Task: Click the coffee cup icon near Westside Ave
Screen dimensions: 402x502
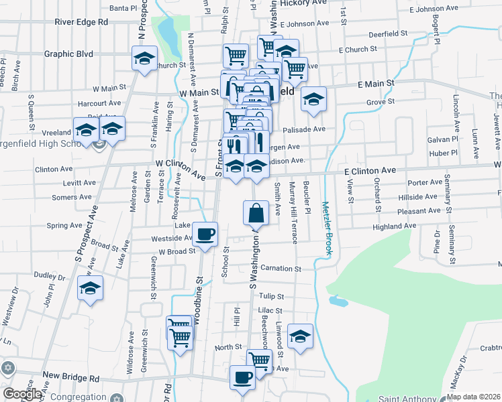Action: (205, 234)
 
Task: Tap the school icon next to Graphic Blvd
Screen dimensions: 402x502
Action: (144, 58)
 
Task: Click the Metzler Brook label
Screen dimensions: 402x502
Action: (326, 228)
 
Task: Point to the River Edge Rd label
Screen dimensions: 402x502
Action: (82, 21)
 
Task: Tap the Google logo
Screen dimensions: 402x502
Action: (22, 394)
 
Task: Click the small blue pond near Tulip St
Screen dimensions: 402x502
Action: (338, 301)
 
